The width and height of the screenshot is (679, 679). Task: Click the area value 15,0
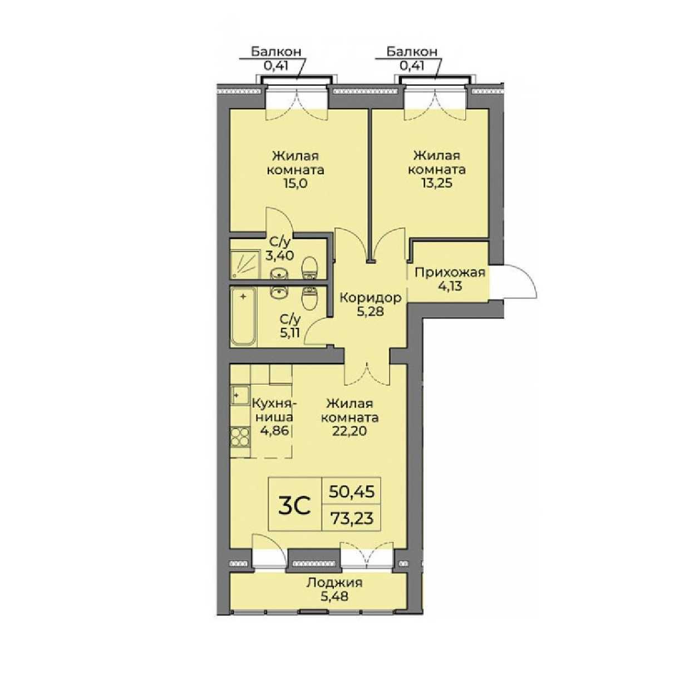tap(295, 184)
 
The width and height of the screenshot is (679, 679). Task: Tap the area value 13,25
tap(436, 184)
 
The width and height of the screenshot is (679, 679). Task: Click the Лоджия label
tap(334, 583)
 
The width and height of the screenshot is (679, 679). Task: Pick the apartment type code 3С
tap(294, 505)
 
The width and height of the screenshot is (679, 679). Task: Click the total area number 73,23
tap(351, 518)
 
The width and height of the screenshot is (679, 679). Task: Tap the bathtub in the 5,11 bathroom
tap(243, 317)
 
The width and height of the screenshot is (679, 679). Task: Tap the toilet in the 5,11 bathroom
tap(311, 298)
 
